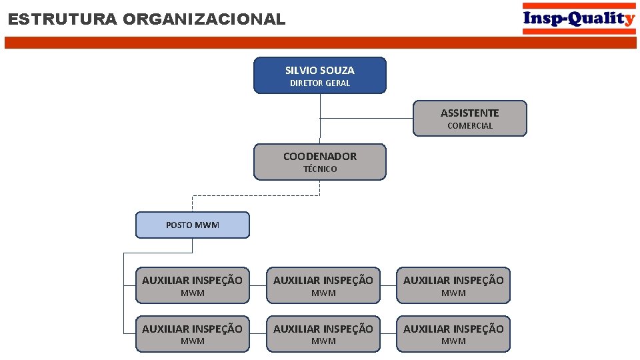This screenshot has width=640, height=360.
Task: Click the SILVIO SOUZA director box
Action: pos(319,75)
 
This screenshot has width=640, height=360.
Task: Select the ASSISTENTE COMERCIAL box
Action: pos(470,118)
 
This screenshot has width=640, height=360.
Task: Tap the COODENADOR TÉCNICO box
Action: pos(319,161)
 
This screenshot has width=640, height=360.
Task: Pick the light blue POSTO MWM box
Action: pos(192,225)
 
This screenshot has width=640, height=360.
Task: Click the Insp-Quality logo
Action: pos(579,19)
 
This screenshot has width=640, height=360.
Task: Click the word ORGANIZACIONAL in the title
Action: pos(203,19)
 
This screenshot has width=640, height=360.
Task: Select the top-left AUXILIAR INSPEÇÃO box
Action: pos(192,285)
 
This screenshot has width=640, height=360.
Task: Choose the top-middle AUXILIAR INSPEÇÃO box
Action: pos(323,285)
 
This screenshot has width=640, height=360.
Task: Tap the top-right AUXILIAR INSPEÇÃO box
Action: pos(453,285)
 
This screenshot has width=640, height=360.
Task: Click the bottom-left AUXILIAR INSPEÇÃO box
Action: pos(192,333)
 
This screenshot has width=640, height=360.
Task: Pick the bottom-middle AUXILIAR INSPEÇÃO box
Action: pos(323,333)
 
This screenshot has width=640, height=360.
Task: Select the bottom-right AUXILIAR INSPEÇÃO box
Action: pos(453,333)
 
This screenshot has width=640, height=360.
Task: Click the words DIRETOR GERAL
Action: pos(319,83)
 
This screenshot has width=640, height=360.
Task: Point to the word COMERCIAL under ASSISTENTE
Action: pos(470,126)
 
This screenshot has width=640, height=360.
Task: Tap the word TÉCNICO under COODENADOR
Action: pos(320,169)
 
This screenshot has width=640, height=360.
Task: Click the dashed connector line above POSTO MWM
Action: pos(256,195)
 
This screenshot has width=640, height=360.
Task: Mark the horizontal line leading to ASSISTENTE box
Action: pos(367,118)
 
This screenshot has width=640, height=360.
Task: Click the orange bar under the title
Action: pos(320,43)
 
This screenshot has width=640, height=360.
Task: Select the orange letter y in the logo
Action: pos(630,19)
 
